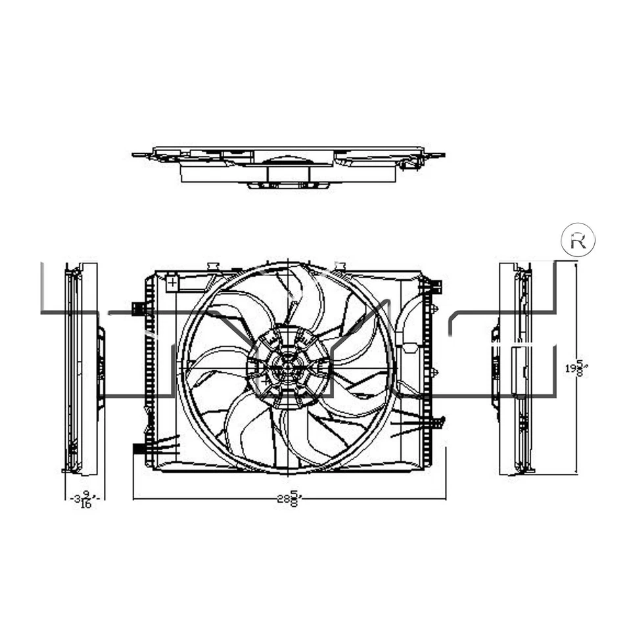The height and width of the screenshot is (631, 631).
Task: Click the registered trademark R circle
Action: [578, 241]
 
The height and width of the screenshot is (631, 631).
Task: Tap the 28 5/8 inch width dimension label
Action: [288, 499]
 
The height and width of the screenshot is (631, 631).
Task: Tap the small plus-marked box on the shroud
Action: [172, 283]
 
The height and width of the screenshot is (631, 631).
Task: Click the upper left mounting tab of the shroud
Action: [138, 308]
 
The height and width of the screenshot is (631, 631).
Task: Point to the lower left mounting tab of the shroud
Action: [139, 449]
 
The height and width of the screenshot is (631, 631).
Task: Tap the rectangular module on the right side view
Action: [519, 371]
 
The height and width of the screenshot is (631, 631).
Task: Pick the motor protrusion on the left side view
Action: [101, 368]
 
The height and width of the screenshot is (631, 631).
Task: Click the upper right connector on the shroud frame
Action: [436, 287]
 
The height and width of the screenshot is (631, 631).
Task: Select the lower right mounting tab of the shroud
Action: [438, 421]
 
